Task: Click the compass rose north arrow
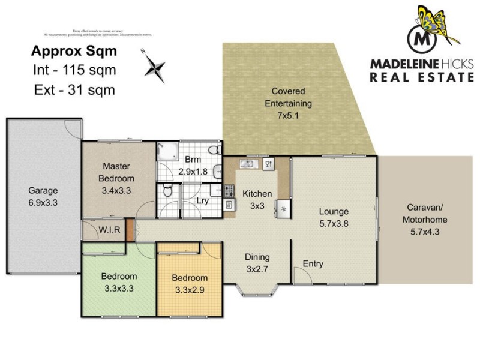coord(154,65)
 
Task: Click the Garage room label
coord(43,191)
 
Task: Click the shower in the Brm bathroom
coord(168,151)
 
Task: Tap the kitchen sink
coord(248,164)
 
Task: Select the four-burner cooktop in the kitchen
coord(229,191)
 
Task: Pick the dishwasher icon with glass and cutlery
coord(268,163)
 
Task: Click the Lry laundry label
coord(203,201)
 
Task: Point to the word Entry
coord(313,263)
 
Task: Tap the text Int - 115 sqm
coord(74,70)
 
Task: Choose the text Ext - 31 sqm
coord(74,90)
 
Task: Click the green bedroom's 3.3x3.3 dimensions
coord(119,288)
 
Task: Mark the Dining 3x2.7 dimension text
coord(257,269)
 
